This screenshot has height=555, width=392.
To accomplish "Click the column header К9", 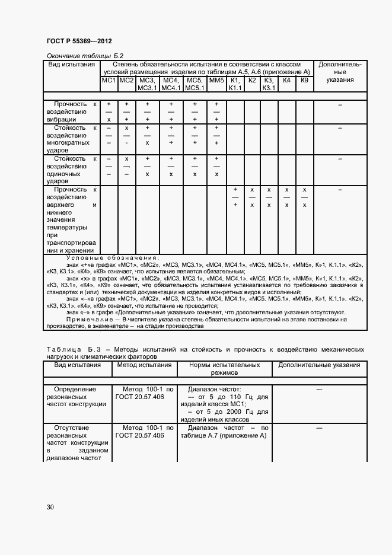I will [304, 80].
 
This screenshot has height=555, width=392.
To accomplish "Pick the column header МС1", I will [109, 80].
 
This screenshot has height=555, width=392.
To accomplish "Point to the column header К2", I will [252, 80].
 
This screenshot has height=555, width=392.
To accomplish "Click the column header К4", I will [286, 80].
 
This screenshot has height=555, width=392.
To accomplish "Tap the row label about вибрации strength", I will [72, 111].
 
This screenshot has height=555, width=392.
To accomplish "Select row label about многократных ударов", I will [72, 139].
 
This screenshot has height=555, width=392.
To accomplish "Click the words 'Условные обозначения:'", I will [112, 258].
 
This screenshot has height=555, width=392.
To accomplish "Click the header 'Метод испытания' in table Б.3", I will [144, 365].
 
